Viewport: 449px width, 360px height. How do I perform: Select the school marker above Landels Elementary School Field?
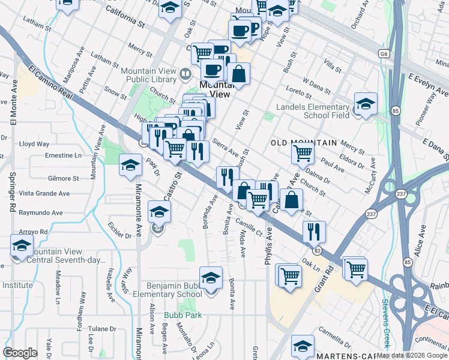[366, 104]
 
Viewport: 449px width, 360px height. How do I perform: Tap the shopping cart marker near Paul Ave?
[303, 153]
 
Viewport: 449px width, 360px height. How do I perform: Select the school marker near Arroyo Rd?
[22, 246]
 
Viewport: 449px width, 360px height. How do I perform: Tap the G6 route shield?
[383, 53]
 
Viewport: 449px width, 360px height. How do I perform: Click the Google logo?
[20, 353]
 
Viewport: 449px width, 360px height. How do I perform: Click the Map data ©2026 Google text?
[412, 355]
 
